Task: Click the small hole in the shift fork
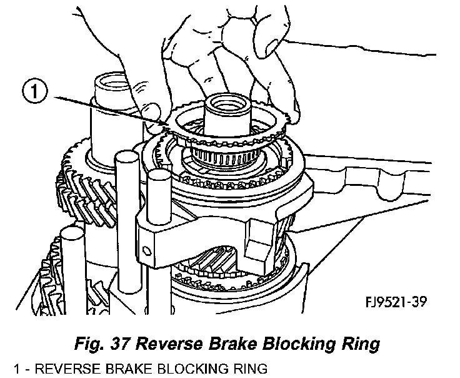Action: coord(146,251)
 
